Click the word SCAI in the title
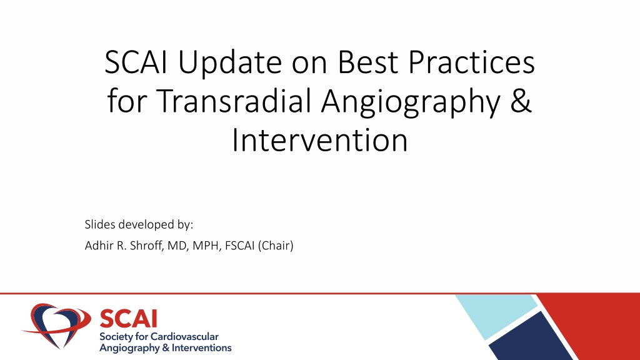click(x=136, y=62)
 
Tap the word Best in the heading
click(x=367, y=62)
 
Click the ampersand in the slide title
click(x=521, y=101)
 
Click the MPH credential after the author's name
click(x=207, y=246)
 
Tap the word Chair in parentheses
click(x=276, y=245)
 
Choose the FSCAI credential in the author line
click(x=240, y=245)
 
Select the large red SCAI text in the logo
click(x=128, y=318)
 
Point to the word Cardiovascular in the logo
click(x=184, y=337)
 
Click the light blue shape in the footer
click(x=496, y=315)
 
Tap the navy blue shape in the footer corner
click(x=531, y=337)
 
